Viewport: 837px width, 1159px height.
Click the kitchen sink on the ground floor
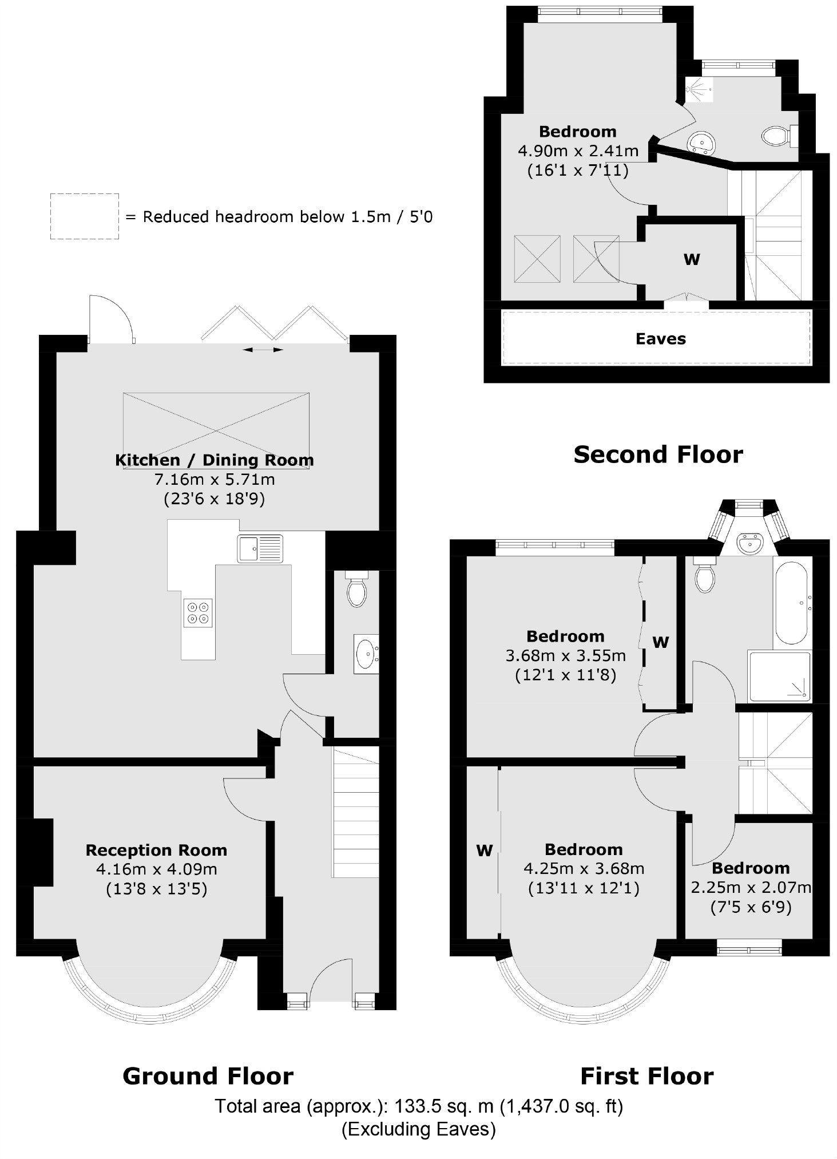click(260, 548)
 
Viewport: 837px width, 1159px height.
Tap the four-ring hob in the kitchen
click(198, 612)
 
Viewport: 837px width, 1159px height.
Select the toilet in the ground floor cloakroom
click(357, 591)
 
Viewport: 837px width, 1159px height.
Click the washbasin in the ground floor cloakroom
click(366, 654)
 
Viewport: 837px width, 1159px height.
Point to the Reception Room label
click(156, 850)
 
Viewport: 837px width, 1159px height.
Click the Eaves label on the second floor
click(660, 339)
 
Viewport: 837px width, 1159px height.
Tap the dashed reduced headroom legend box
click(84, 216)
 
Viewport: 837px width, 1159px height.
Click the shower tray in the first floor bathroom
click(779, 677)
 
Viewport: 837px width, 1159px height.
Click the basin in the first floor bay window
click(749, 542)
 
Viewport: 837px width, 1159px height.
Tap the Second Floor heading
click(658, 454)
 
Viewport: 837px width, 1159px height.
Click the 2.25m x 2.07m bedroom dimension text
click(751, 888)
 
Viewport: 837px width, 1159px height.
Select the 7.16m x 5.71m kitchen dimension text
click(211, 479)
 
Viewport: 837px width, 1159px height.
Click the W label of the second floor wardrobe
click(692, 259)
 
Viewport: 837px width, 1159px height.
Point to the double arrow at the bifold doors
click(263, 349)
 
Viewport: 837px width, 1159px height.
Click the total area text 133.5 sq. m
click(418, 1106)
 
